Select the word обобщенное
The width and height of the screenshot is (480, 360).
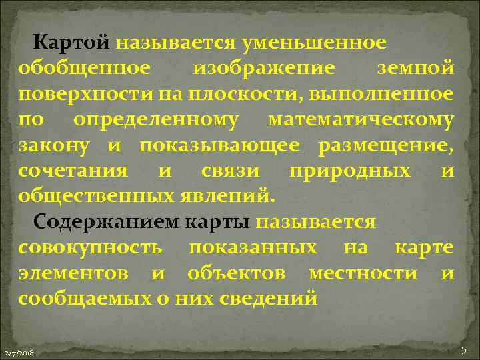pos(84,67)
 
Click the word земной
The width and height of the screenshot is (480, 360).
pos(416,67)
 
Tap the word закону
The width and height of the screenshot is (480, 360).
pos(51,145)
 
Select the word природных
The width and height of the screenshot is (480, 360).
pos(350,170)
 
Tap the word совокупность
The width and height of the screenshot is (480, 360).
pos(90,247)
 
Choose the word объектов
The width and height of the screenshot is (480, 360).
pos(237,273)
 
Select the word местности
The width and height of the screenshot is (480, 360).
pos(363,273)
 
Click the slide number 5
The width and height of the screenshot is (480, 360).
pos(463,350)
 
